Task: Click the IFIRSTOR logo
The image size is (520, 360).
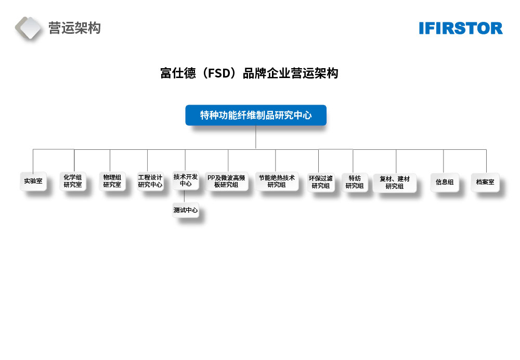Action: click(x=461, y=28)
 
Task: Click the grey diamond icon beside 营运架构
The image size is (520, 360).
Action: click(x=29, y=28)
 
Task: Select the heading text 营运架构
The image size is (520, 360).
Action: click(x=74, y=28)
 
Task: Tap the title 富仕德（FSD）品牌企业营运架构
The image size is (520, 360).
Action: click(x=249, y=73)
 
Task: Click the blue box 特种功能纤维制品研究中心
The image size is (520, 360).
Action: click(x=256, y=115)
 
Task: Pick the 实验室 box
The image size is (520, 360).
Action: click(x=33, y=182)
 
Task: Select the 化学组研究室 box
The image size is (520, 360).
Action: click(x=73, y=181)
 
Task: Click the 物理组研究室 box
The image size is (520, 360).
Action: click(x=112, y=181)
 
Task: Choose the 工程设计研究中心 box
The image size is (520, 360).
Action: click(x=150, y=181)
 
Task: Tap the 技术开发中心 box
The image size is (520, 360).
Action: click(x=186, y=181)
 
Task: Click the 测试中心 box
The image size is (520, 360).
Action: click(x=186, y=211)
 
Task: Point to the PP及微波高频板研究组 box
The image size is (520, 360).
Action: click(x=226, y=181)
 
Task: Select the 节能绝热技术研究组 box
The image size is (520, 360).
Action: click(x=277, y=181)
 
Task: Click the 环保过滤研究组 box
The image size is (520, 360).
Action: click(x=320, y=182)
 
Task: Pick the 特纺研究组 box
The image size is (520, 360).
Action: click(x=355, y=182)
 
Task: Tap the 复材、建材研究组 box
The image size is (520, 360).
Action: click(x=395, y=183)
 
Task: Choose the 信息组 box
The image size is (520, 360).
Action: click(x=445, y=182)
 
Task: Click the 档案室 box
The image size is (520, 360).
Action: click(x=485, y=182)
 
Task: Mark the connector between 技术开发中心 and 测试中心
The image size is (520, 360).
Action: click(x=186, y=197)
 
